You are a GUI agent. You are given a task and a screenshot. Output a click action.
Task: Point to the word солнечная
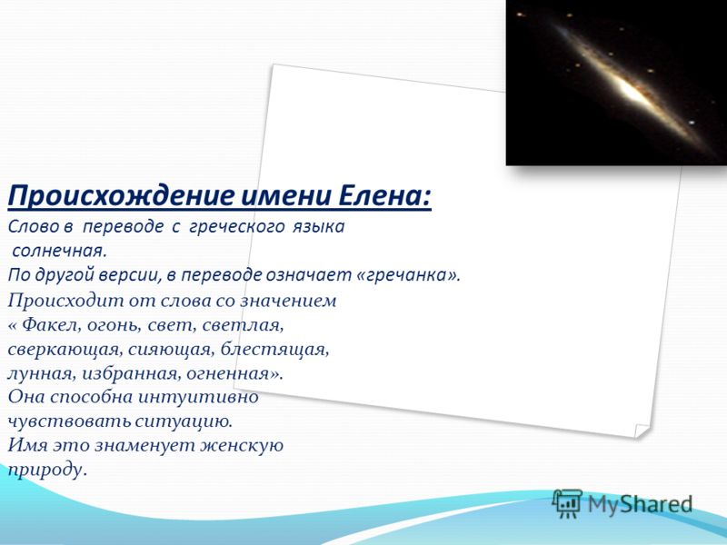59,252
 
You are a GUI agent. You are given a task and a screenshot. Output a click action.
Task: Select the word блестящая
274,350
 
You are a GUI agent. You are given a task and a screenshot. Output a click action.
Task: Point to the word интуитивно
198,398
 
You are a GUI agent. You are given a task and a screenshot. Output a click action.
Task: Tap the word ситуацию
184,421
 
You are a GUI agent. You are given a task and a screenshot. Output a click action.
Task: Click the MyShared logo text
640,504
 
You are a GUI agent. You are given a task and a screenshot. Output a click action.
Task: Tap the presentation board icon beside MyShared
567,503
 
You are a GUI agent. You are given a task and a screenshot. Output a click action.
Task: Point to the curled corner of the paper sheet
642,431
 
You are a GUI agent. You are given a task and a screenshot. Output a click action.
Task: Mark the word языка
318,227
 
